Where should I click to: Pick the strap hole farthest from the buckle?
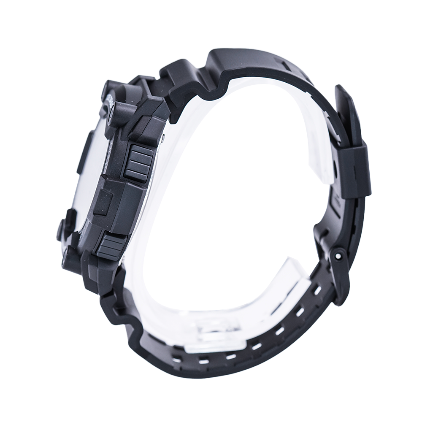(177, 359)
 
